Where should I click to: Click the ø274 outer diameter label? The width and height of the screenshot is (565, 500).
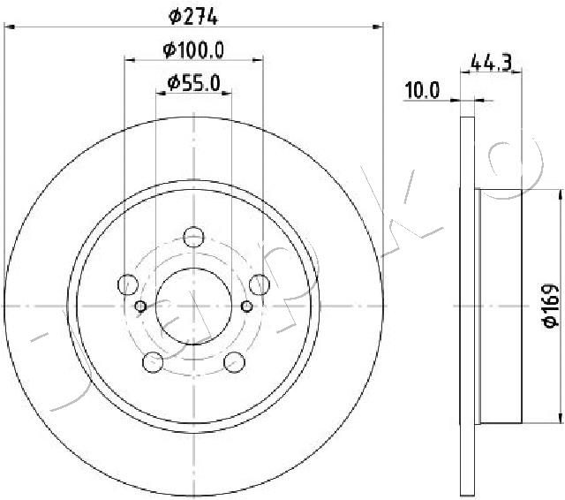point(193,15)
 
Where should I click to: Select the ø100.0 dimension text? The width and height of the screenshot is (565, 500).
point(193,49)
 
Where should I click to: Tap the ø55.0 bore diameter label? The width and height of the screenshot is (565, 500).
point(193,84)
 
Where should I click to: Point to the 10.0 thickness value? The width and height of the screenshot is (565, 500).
point(421,89)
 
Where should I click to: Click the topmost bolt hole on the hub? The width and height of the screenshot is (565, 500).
point(194,236)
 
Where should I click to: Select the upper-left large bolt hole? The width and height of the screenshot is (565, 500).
point(128,284)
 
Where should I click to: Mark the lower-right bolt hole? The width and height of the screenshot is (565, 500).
point(235,361)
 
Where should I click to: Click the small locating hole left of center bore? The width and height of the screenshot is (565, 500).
point(140,307)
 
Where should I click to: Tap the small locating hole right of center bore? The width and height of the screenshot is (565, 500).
point(247,307)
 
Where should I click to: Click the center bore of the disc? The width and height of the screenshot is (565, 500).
point(194,305)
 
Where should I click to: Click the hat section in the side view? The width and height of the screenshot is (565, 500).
point(499,305)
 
